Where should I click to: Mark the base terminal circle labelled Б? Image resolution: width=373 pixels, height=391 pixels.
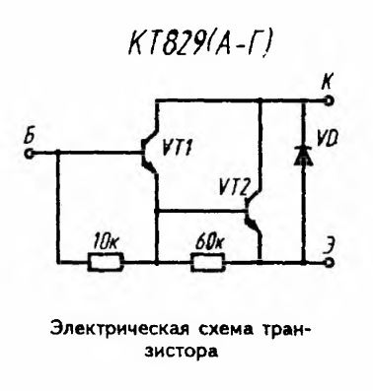(x=31, y=153)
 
